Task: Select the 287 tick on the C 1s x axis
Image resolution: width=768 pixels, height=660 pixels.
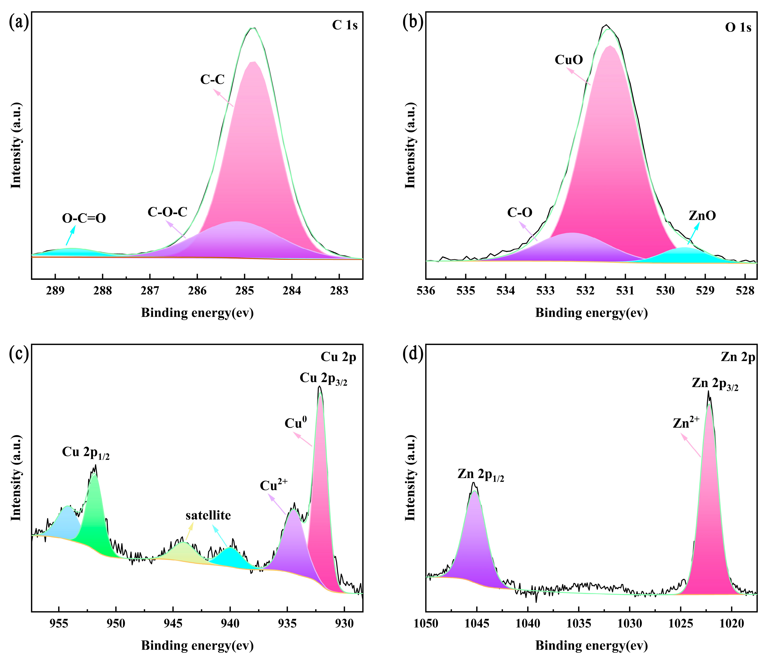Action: [x=150, y=291]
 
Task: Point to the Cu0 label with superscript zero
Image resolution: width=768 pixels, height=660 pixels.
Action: [x=295, y=423]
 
